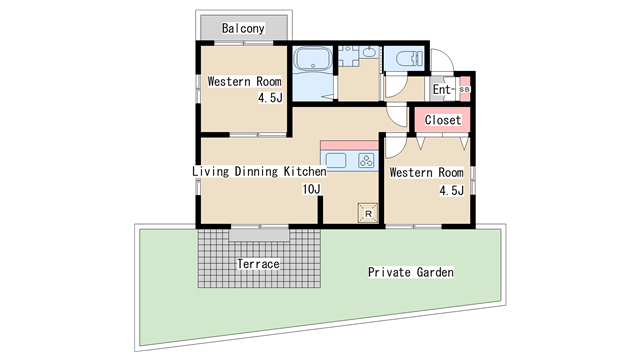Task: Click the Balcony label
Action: [243, 28]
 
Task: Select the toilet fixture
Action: [408, 58]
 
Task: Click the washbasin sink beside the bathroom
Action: [370, 52]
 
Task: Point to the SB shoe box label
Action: [464, 89]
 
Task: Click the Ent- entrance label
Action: [443, 89]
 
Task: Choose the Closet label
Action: [443, 120]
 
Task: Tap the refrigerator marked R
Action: [368, 213]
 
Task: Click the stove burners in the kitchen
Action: [366, 160]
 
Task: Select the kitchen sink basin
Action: [336, 160]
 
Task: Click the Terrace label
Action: [258, 264]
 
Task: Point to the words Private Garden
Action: [411, 272]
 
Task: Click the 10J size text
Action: [311, 189]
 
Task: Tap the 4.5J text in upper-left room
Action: [270, 98]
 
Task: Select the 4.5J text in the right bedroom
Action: [451, 190]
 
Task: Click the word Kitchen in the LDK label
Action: [305, 171]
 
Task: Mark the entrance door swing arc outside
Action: [448, 56]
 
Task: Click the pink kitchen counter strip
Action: [349, 145]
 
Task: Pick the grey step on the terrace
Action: [259, 235]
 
